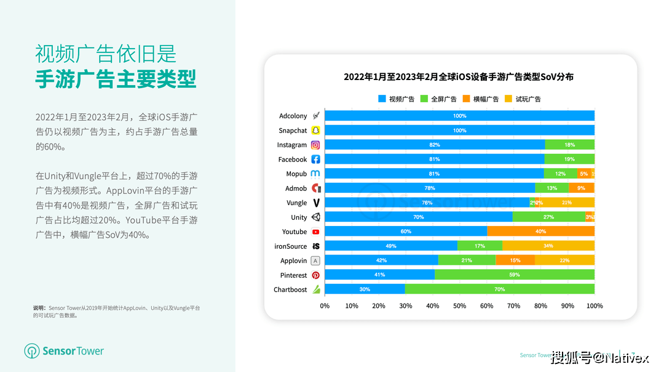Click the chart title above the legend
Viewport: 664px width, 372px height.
[458, 77]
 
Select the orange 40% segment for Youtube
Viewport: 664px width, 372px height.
[540, 232]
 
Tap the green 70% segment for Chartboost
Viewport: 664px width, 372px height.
[499, 289]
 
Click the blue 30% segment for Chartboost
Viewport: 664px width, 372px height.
[365, 289]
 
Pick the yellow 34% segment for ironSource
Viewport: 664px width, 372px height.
[548, 246]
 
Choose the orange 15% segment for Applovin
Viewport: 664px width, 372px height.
[515, 261]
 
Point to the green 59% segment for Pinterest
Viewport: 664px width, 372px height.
[515, 275]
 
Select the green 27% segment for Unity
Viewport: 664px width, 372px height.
[548, 217]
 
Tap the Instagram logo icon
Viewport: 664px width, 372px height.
[315, 145]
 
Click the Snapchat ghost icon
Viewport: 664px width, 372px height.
[315, 131]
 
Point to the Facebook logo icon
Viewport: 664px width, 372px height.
[315, 160]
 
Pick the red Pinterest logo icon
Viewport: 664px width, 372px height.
[315, 275]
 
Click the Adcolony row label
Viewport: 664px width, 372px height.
[293, 116]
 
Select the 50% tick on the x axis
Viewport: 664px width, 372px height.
[459, 305]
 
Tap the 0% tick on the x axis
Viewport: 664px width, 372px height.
[325, 305]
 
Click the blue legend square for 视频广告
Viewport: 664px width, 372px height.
[382, 99]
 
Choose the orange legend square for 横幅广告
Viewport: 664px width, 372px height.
[467, 99]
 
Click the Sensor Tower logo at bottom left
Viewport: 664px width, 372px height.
[64, 351]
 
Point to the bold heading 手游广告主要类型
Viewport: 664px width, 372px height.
[116, 79]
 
